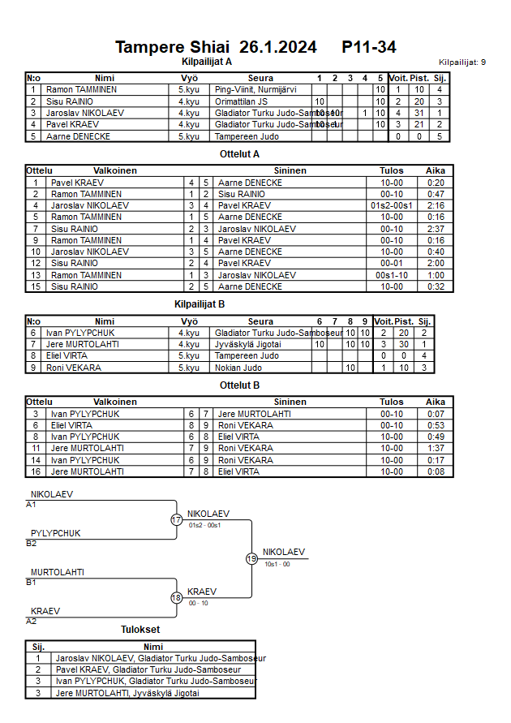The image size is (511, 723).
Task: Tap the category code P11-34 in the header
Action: pos(369,47)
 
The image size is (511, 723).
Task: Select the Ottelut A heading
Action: pos(239,153)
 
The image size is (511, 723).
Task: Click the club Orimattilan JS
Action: pos(241,101)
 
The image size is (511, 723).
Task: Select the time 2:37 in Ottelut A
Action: pos(436,229)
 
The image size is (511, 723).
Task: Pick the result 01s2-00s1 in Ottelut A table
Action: pos(392,206)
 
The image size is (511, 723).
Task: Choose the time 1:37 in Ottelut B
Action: pos(436,448)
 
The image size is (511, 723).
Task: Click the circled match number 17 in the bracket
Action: pos(177,519)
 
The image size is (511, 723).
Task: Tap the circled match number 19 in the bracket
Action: pos(251,558)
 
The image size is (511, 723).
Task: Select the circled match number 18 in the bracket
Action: pos(177,597)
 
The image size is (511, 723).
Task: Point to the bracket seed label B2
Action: pos(31,543)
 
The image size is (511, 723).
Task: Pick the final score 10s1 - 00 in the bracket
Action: pos(277,563)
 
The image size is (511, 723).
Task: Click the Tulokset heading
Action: pos(140,629)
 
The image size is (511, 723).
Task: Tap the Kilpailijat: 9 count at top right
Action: pos(462,62)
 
